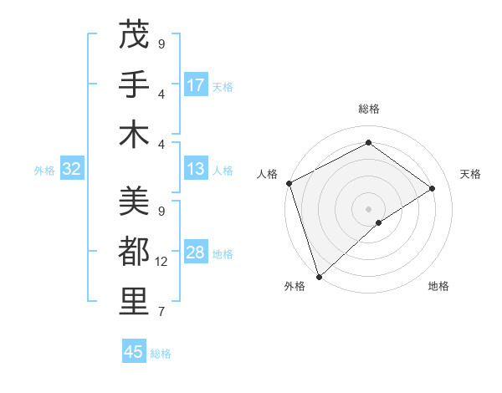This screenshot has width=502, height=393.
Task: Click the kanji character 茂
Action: point(134,35)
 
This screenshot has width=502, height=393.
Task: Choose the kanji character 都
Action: point(134,252)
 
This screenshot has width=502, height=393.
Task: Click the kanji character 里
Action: point(134,302)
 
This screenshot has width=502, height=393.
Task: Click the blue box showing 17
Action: point(196,85)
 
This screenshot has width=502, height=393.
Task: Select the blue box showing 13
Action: point(196,170)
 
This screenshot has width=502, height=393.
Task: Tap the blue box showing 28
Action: point(196,253)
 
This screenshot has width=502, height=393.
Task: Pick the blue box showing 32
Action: point(72,170)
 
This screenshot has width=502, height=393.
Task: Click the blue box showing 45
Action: point(134,352)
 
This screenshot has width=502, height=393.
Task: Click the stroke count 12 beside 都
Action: point(162,262)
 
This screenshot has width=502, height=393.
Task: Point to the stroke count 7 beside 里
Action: point(161,312)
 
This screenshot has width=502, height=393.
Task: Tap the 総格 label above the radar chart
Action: point(369,109)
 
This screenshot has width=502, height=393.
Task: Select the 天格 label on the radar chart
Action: point(471,174)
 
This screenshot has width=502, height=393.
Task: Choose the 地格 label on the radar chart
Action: point(438,287)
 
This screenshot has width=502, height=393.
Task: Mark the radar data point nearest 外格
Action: point(319,276)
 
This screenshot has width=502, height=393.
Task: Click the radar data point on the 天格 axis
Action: point(433,188)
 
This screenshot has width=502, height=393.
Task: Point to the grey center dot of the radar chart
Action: point(368,208)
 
